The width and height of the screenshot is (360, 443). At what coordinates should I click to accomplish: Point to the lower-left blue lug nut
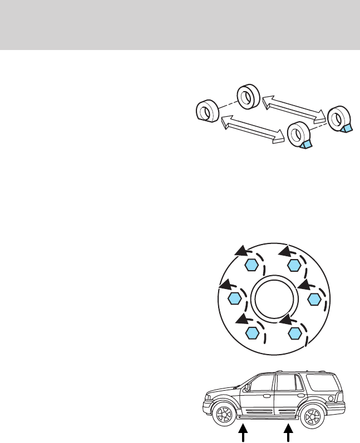[253, 333]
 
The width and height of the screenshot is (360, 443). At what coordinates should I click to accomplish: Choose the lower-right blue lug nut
[295, 333]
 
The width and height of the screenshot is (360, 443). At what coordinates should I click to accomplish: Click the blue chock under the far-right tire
[346, 128]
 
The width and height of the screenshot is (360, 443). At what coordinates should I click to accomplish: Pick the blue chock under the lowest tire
[306, 145]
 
